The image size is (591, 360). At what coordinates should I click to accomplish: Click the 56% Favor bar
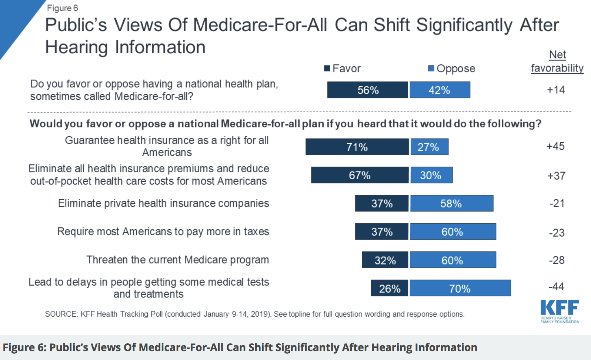tap(367, 90)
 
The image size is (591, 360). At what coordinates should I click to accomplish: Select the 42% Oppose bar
tap(440, 90)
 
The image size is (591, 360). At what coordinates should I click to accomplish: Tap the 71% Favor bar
tap(357, 147)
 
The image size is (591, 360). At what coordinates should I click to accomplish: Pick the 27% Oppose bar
tap(429, 147)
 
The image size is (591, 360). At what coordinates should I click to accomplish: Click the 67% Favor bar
tap(360, 175)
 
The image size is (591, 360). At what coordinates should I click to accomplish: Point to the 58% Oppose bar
tap(451, 203)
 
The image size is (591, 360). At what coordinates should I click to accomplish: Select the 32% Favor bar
tap(385, 260)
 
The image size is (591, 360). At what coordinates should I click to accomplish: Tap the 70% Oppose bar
tap(460, 288)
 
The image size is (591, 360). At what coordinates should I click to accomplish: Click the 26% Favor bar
tap(389, 288)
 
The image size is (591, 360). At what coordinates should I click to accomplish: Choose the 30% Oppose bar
tap(431, 175)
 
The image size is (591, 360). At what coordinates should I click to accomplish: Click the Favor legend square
tap(327, 69)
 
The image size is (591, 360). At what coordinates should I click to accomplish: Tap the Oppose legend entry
tap(452, 69)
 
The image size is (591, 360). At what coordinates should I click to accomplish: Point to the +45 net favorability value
tap(555, 146)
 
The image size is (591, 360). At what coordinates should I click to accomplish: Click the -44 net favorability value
tap(556, 286)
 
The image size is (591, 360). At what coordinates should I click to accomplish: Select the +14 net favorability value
tap(556, 90)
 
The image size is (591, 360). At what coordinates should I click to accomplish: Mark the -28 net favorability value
tap(557, 260)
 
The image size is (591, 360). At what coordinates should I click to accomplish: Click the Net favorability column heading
tap(557, 61)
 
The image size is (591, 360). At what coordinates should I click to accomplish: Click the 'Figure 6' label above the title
tap(62, 8)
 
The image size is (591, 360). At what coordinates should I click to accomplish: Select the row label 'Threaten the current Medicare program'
tap(177, 260)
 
